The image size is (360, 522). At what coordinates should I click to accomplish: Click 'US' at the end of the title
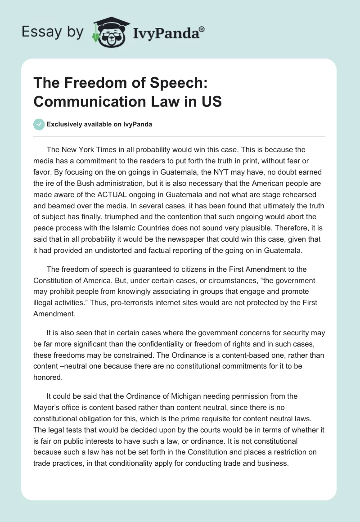[211, 101]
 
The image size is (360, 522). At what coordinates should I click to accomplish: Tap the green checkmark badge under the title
[39, 124]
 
